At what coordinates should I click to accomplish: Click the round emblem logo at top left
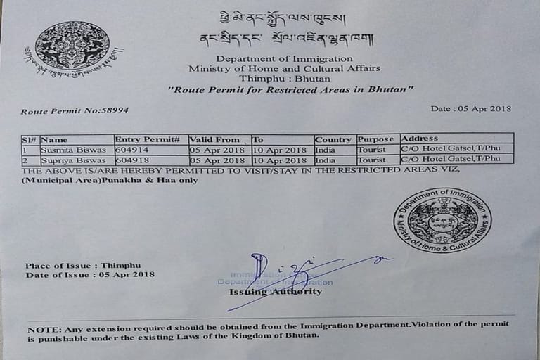72,46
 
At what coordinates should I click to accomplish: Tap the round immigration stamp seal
442,220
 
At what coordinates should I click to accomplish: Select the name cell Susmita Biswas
73,150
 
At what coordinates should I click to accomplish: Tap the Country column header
333,139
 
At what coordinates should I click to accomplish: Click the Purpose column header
376,139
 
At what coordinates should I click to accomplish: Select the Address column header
419,139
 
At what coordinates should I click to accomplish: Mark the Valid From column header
214,139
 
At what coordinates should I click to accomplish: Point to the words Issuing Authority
276,291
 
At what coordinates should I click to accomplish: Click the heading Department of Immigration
284,58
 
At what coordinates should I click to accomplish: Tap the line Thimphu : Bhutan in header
284,78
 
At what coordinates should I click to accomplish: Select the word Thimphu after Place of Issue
120,266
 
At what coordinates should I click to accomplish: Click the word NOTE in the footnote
43,329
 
